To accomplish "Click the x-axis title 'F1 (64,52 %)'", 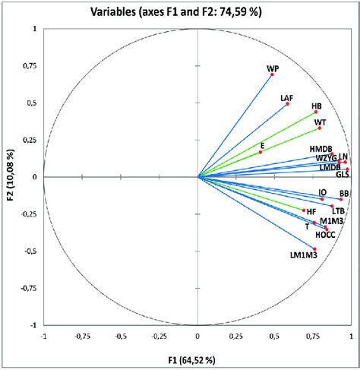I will (x=197, y=359).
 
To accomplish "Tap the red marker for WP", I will (x=272, y=74).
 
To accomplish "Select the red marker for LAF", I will (x=287, y=103).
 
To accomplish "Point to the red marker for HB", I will (x=316, y=112).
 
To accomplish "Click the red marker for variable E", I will (x=261, y=152).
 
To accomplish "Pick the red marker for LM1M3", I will (x=314, y=248).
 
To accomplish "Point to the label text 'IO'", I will (x=322, y=193).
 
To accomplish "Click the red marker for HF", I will (x=304, y=210).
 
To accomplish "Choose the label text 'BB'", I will (x=344, y=194).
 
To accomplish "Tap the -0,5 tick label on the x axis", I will (x=120, y=337).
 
